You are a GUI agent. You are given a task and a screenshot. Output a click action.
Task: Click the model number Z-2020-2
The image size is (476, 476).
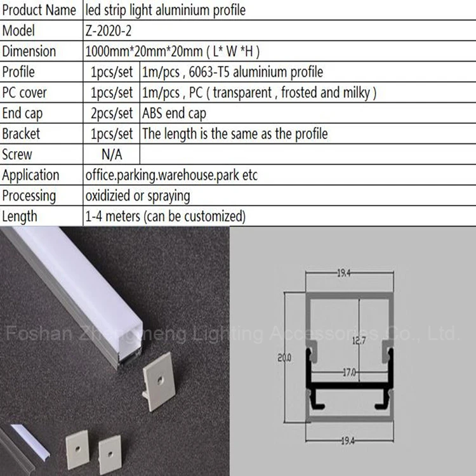click(x=109, y=31)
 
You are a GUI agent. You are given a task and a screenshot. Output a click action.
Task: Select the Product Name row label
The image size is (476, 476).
click(x=39, y=10)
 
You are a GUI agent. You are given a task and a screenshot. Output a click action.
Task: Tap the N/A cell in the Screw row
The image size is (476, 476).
click(x=112, y=154)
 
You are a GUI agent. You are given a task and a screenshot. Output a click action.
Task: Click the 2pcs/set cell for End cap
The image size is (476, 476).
click(x=112, y=114)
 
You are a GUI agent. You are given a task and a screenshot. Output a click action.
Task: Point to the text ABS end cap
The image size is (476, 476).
click(x=175, y=114)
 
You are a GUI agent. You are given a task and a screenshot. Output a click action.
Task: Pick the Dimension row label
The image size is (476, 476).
click(x=29, y=51)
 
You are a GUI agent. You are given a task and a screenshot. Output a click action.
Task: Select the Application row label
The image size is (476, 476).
click(x=30, y=176)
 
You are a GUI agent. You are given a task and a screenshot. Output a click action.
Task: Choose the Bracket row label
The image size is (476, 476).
click(x=21, y=134)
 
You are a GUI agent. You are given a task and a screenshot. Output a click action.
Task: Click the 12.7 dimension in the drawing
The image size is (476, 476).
click(x=359, y=341)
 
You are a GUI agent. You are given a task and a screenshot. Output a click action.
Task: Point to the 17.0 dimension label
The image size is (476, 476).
click(x=350, y=372)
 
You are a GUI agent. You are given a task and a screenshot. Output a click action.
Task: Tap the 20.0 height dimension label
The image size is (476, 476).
click(x=284, y=358)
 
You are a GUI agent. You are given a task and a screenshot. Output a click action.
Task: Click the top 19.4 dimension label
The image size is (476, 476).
click(x=343, y=273)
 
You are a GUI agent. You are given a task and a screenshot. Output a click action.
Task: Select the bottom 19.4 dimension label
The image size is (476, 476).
click(x=348, y=440)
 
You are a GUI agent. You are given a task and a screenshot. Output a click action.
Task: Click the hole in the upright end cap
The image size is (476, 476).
click(x=161, y=379)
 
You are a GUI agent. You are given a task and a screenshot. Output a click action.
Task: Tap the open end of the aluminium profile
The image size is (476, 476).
click(x=131, y=345)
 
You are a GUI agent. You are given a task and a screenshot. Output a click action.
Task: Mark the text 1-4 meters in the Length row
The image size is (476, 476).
click(x=112, y=216)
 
